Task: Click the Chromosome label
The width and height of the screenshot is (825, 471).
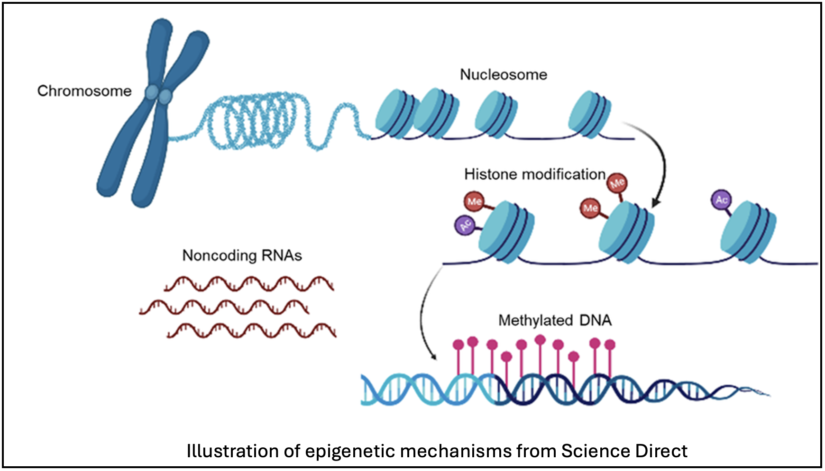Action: tap(84, 91)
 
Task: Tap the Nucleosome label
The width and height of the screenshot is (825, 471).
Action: tap(504, 75)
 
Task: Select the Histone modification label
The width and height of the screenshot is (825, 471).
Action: tap(535, 174)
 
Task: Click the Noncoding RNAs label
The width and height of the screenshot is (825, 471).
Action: tap(242, 256)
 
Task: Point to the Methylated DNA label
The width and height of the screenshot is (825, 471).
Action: tap(555, 321)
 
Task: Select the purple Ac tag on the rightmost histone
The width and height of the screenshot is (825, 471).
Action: tap(721, 199)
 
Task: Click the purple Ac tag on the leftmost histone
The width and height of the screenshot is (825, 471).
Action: tap(465, 225)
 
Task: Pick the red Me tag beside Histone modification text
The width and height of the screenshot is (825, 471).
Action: tap(617, 182)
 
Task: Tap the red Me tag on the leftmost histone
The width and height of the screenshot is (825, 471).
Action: tap(474, 201)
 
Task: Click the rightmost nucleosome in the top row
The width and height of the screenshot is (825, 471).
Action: tap(589, 115)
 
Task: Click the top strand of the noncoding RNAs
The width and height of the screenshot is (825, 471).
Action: tap(249, 283)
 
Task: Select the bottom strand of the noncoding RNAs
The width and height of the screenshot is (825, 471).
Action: tap(251, 330)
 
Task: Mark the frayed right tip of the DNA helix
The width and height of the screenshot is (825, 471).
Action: tap(759, 392)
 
